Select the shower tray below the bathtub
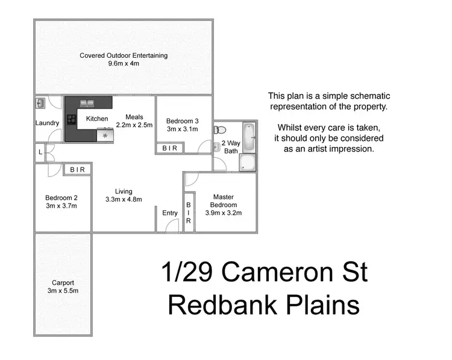248,163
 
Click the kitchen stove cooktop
71,119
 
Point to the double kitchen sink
88,103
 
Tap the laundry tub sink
40,104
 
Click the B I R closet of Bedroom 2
77,170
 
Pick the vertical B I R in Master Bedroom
188,213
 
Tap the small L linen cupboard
40,152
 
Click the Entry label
170,213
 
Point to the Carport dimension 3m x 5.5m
63,291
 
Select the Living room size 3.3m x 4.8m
124,199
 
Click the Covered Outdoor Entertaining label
124,55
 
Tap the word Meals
134,117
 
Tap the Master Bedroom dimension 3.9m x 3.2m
222,213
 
